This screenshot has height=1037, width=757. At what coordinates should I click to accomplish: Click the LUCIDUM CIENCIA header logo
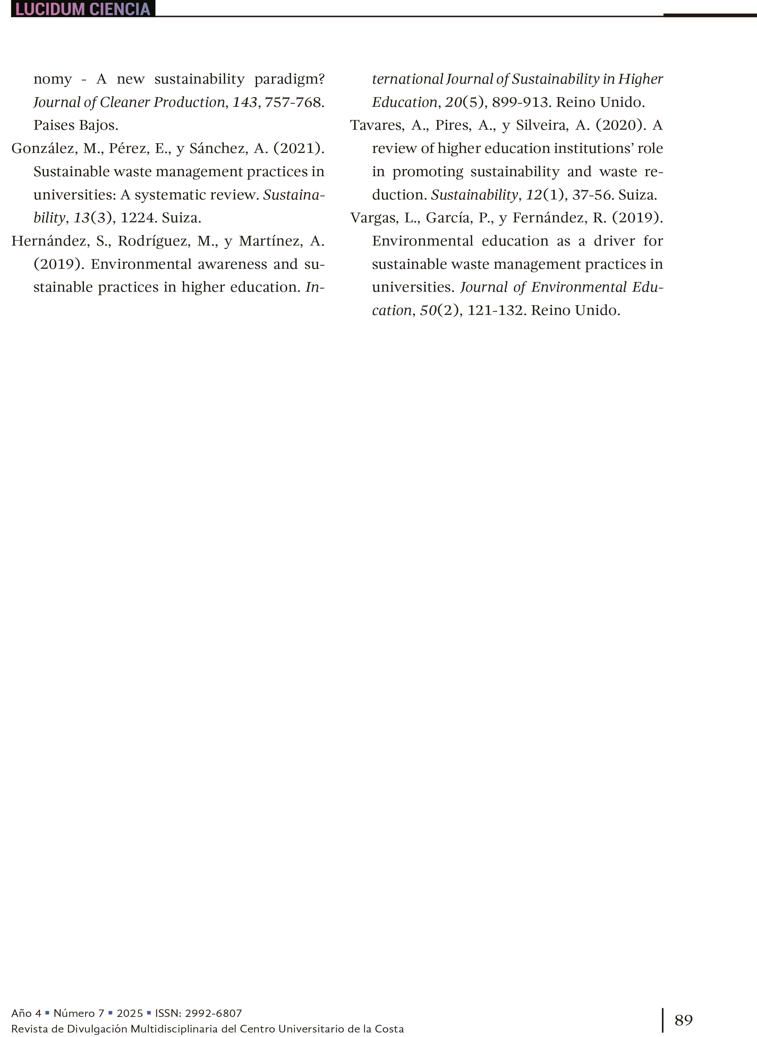tap(83, 9)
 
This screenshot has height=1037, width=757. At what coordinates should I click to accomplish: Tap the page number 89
tap(683, 1020)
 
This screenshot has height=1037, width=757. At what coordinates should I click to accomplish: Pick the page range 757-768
tap(294, 102)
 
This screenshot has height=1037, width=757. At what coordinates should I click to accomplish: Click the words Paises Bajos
tap(76, 125)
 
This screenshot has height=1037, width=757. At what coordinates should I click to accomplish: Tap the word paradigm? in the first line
tap(289, 79)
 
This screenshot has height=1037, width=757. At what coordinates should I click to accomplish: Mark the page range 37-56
tap(593, 195)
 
